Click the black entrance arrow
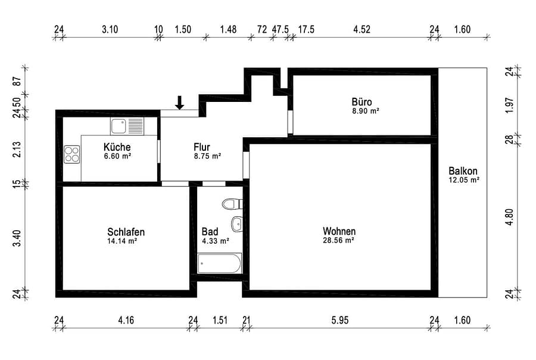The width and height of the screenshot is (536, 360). point(179,103)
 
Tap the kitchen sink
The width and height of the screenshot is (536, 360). point(127,126)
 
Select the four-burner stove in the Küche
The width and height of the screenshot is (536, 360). point(72,154)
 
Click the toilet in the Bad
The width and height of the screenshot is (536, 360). point(232,204)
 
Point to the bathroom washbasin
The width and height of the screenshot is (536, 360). point(237,224)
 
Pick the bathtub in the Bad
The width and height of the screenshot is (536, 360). point(219,263)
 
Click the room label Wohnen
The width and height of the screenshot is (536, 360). point(339,231)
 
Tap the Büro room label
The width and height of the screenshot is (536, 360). point(362,102)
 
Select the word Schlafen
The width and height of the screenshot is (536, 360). point(126,232)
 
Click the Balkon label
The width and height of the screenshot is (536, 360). point(463,170)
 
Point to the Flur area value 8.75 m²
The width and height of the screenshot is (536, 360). point(207,156)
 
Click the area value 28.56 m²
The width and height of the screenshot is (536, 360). point(338,240)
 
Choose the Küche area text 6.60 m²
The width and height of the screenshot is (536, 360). point(117,156)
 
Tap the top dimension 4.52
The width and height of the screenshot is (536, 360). point(362,29)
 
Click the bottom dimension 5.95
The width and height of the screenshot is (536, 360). point(340,320)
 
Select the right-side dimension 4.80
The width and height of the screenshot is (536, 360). point(509,217)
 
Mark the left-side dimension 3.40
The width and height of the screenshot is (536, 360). point(17,238)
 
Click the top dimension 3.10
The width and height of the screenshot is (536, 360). point(110,29)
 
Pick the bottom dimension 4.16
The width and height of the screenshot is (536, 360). point(126,320)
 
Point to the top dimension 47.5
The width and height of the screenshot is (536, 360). point(281,29)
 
